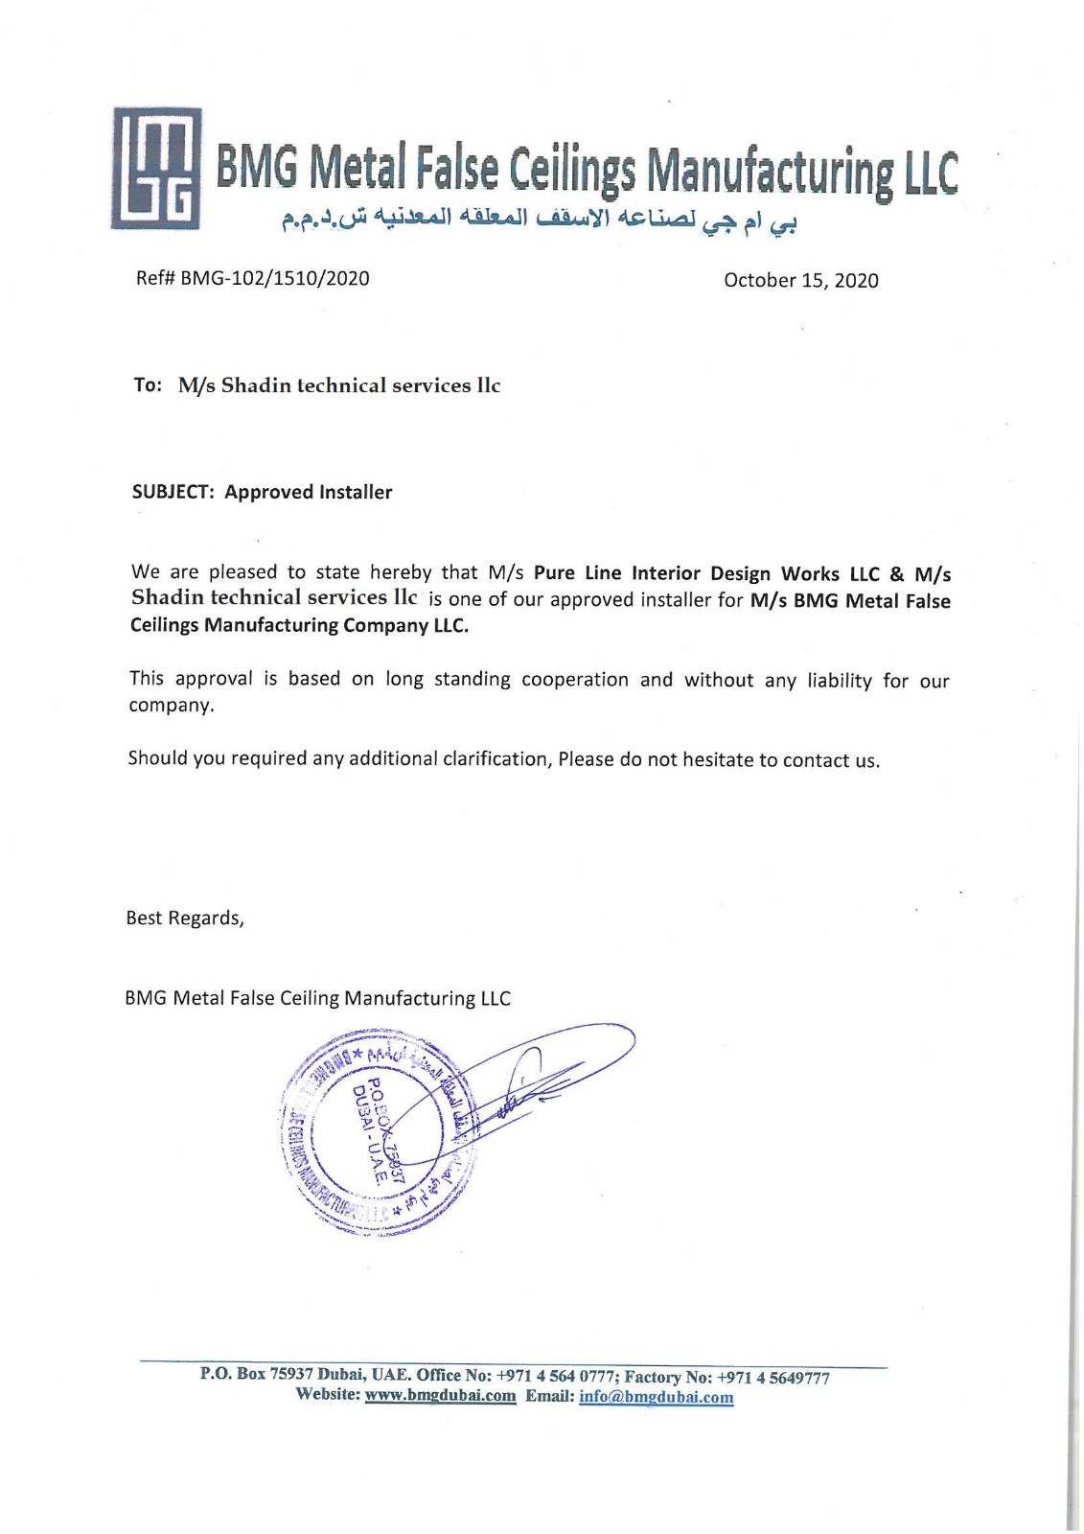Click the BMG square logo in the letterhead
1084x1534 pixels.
coord(156,168)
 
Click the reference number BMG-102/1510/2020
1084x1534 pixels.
coord(274,279)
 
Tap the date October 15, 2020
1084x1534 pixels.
coord(800,280)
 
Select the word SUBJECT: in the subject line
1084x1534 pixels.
coord(173,492)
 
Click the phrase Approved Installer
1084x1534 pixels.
coord(309,492)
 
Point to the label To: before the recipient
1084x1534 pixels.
coord(148,385)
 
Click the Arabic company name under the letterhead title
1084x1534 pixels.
coord(540,220)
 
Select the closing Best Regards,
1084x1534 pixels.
coord(185,918)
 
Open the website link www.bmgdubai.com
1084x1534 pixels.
coord(440,1396)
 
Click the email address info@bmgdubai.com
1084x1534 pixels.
coord(656,1397)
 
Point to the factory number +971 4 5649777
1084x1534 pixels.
coord(773,1378)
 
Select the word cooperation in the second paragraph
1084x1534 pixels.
coord(574,680)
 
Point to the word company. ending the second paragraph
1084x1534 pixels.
coord(173,706)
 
